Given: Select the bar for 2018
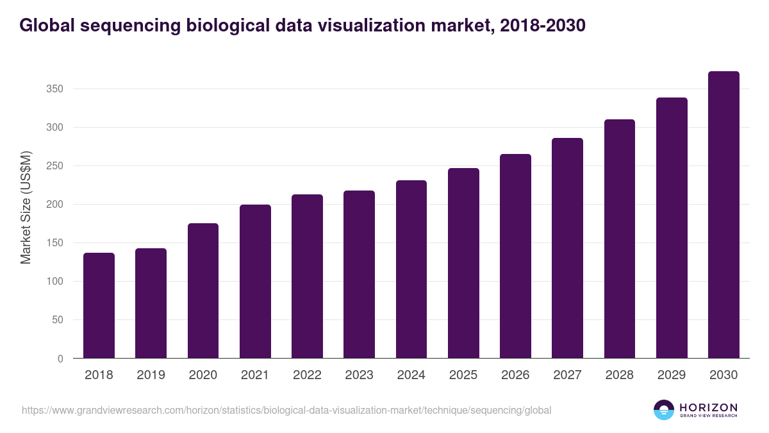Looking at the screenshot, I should (x=99, y=305).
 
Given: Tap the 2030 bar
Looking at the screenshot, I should (x=724, y=215).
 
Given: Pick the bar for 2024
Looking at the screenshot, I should (x=411, y=269).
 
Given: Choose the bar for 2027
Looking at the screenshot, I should (x=567, y=248).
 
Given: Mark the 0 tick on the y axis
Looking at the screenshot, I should (x=60, y=359).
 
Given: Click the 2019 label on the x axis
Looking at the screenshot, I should (x=151, y=375).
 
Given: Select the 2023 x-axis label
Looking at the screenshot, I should (x=359, y=375).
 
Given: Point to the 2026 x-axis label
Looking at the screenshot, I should (x=515, y=375).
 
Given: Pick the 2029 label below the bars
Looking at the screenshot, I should (x=672, y=375).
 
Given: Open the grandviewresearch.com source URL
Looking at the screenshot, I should (x=286, y=410).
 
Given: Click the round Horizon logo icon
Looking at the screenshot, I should (x=664, y=410).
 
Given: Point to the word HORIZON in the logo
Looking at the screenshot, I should (x=708, y=407).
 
